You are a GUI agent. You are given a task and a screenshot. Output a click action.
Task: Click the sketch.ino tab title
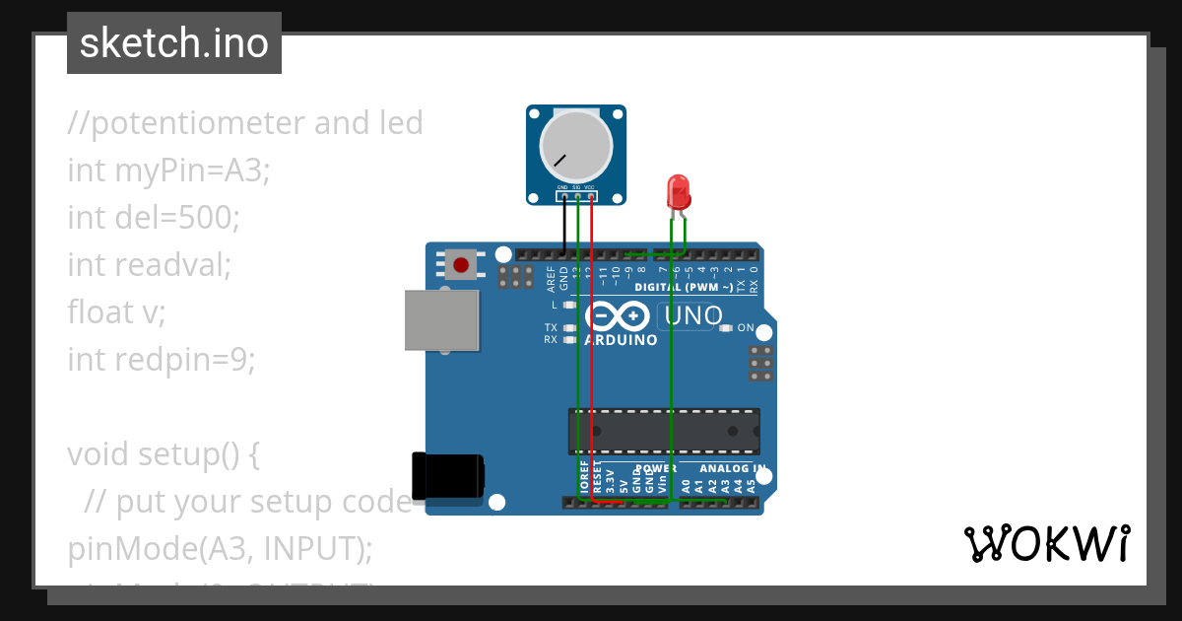click(174, 43)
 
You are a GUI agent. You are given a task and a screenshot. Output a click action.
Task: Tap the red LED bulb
click(678, 190)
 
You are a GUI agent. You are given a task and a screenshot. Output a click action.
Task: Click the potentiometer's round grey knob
click(577, 145)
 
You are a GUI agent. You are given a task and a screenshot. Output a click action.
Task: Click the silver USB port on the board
click(442, 320)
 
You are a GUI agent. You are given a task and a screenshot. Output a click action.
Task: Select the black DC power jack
click(446, 476)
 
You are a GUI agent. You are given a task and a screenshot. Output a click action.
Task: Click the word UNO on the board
click(693, 316)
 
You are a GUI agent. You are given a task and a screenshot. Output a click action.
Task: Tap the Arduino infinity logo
click(620, 316)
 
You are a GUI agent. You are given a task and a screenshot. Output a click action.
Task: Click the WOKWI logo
click(1046, 543)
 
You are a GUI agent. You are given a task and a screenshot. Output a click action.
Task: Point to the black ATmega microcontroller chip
click(663, 432)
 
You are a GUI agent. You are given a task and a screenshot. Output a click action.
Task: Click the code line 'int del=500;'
click(154, 217)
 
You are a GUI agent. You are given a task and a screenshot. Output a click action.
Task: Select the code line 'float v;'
click(116, 311)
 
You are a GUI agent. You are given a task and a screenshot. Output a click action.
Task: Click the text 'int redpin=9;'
click(162, 360)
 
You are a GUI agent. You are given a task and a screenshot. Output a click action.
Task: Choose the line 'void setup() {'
click(164, 454)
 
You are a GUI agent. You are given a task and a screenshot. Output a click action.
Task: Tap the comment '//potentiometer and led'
click(245, 123)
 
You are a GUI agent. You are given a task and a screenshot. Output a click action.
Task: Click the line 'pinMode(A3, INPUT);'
click(220, 549)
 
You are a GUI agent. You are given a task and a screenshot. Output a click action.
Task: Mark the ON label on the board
click(746, 328)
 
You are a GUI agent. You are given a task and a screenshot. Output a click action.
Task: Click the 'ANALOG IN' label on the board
click(732, 469)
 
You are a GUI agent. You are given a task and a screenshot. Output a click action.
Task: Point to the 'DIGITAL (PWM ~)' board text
click(684, 288)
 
